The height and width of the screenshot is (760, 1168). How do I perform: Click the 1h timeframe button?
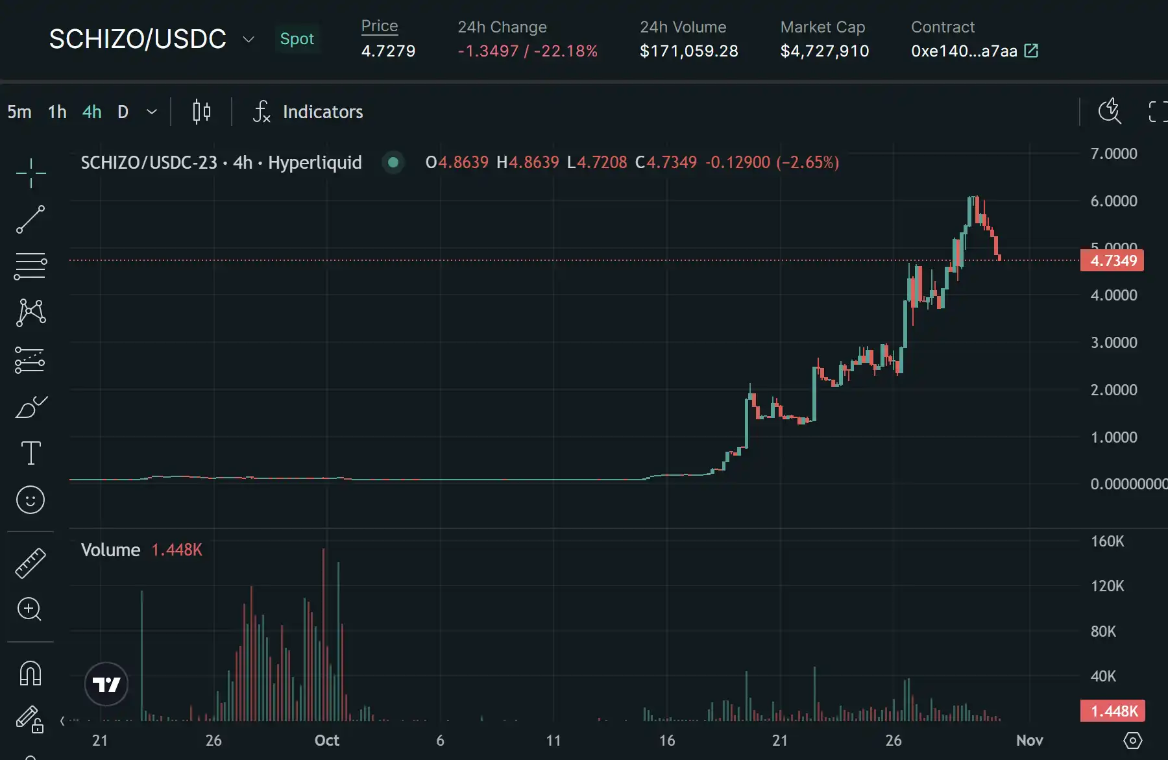click(57, 112)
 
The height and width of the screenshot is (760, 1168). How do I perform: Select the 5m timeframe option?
click(19, 112)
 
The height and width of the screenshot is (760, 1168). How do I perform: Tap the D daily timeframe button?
click(123, 112)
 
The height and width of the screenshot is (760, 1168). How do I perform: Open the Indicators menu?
click(308, 112)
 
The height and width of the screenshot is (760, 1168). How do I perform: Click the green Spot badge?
click(297, 39)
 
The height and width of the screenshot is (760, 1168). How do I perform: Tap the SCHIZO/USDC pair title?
click(138, 39)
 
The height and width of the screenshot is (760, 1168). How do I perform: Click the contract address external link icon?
click(1031, 51)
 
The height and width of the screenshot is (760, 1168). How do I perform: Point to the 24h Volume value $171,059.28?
click(688, 51)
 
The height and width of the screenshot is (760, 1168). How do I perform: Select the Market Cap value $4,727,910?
click(824, 51)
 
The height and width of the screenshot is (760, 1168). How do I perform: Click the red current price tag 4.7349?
click(1113, 261)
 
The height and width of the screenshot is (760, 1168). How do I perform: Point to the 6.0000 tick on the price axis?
click(1113, 201)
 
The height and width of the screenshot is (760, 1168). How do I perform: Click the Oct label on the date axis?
click(326, 741)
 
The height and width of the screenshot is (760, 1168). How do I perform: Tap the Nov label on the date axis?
click(1029, 741)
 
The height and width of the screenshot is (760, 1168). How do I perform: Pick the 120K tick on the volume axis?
click(1107, 586)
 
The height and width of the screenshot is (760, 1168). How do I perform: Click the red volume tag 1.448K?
click(1113, 711)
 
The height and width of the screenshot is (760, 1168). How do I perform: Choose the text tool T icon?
click(30, 453)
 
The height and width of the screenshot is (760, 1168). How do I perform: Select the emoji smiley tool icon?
click(30, 500)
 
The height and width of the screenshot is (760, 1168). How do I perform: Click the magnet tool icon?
click(30, 673)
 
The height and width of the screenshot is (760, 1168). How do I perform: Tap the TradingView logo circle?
click(106, 684)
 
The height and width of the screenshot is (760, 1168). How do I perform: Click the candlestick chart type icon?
click(201, 112)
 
